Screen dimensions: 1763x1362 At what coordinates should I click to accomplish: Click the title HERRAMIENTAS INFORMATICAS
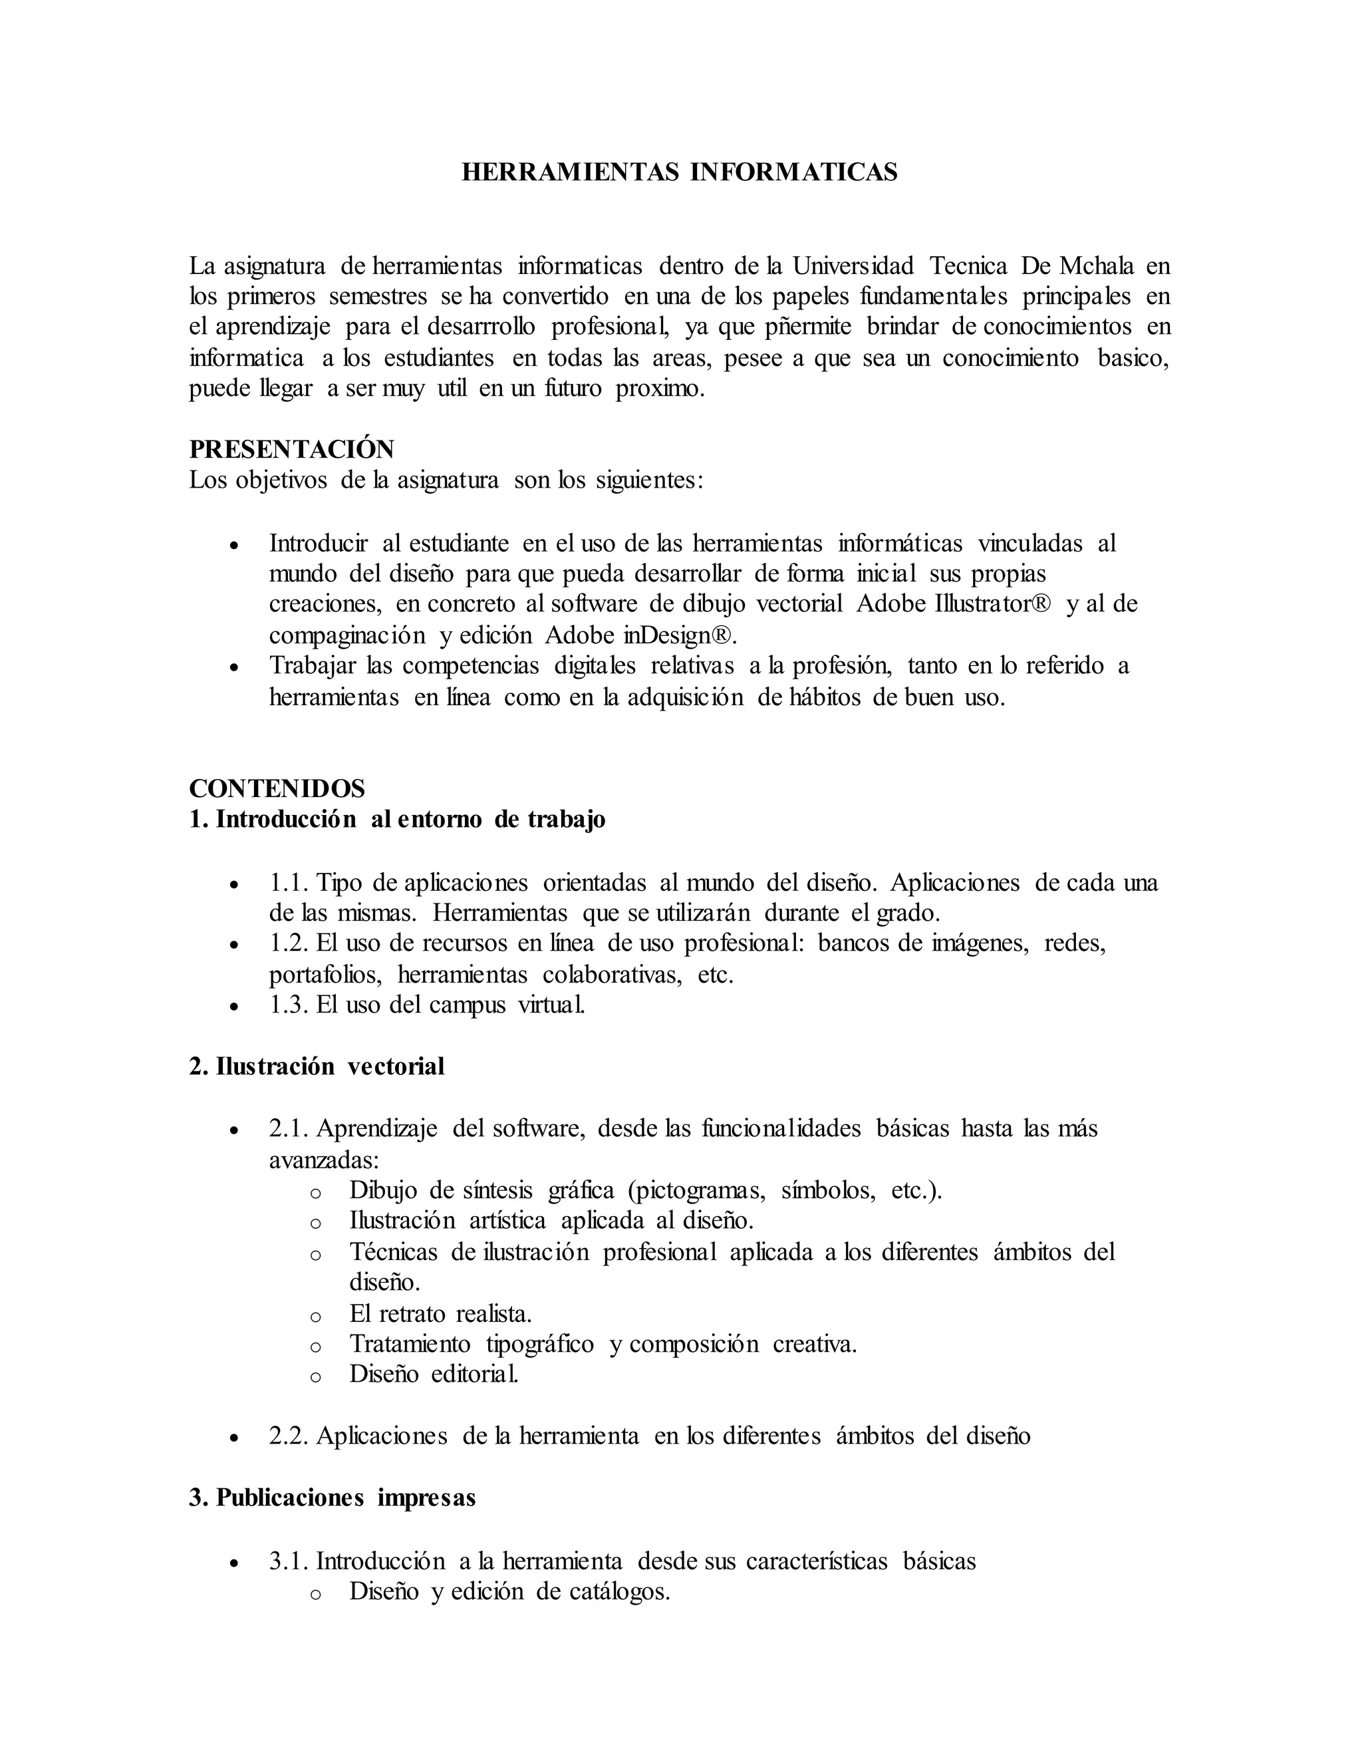pos(680,172)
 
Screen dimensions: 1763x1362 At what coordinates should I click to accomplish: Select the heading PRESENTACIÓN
pos(291,449)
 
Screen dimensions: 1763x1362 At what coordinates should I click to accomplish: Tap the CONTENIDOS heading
pos(277,788)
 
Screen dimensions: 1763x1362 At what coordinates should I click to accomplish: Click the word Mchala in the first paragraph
pos(1097,265)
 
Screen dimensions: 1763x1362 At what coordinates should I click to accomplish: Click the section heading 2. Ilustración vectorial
pos(317,1066)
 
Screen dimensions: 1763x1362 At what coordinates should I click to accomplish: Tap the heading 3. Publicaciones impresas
pos(333,1498)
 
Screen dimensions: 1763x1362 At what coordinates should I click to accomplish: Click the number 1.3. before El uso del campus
pos(289,1005)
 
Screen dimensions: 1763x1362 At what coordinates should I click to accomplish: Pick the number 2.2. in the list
pos(289,1436)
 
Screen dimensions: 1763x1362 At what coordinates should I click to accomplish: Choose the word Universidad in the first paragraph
pos(852,265)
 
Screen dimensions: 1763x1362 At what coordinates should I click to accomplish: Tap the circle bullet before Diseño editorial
pos(315,1377)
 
